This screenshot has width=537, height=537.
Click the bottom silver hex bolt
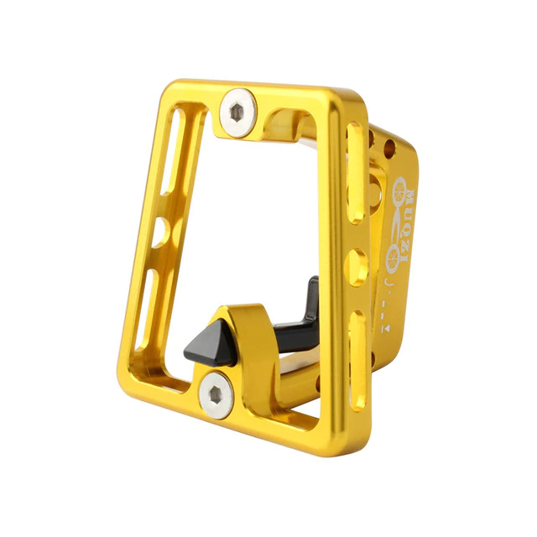216,394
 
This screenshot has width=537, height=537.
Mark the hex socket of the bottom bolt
216,394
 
